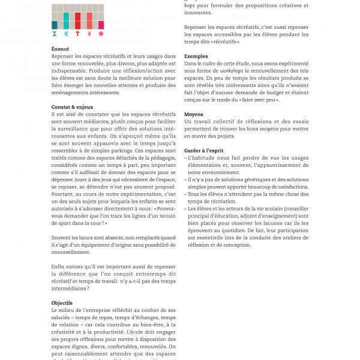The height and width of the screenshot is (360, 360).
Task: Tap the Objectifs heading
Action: [62, 303]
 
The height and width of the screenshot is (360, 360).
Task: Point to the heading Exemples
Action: [196, 56]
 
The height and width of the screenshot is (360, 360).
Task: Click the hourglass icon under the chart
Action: [55, 34]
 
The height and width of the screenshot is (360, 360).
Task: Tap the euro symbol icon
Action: [66, 34]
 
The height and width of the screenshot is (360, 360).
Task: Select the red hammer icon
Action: [77, 34]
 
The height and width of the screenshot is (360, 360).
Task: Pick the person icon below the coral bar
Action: [89, 34]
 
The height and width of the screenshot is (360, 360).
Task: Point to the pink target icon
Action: [101, 34]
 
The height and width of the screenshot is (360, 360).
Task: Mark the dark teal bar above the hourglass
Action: [55, 25]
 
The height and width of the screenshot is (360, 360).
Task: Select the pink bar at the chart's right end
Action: [101, 25]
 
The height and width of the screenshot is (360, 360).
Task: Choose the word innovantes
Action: [197, 12]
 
